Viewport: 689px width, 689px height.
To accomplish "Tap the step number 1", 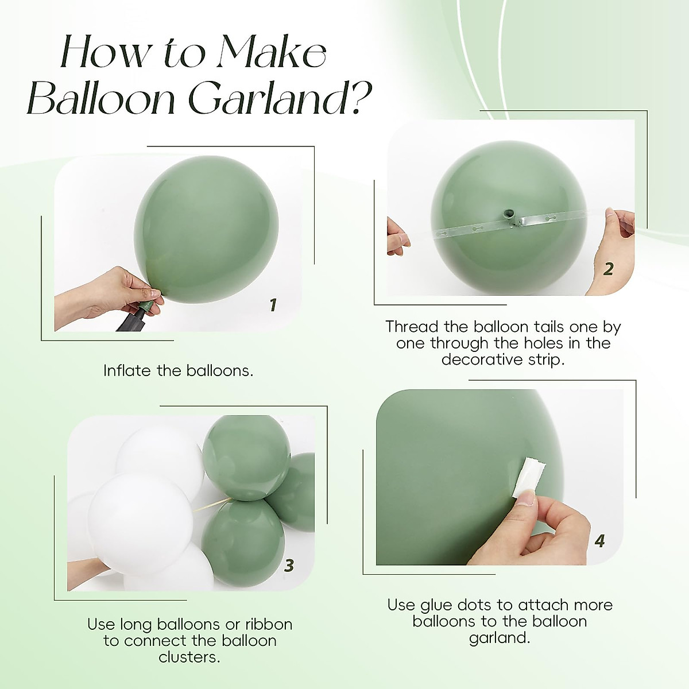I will tap(273, 304).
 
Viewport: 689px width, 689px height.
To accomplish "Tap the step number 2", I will tap(608, 268).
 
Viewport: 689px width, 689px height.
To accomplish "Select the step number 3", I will tap(289, 566).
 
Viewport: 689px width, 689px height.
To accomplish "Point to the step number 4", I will tap(600, 541).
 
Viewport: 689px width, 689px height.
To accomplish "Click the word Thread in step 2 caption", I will tap(412, 327).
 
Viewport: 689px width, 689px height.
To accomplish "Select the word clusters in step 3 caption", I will tap(189, 657).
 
